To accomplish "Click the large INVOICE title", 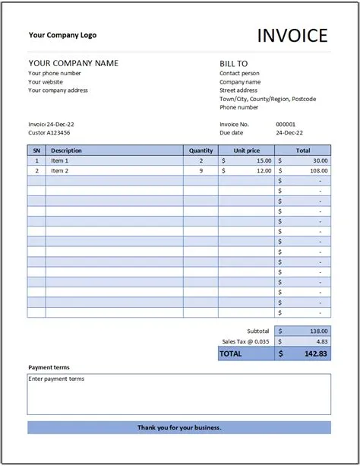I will (x=292, y=35).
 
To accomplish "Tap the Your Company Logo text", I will (x=62, y=35).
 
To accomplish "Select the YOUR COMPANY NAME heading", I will (x=73, y=63).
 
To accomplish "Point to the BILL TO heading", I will (x=234, y=64).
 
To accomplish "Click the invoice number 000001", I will (x=286, y=124).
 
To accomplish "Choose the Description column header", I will (x=67, y=151).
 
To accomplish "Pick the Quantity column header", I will (x=201, y=151).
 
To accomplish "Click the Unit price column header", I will (x=247, y=151).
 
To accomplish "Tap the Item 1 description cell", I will (x=60, y=160).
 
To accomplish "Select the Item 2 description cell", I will (x=60, y=171).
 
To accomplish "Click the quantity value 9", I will (x=201, y=171).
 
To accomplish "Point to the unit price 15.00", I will (x=264, y=160).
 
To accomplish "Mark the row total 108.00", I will (x=320, y=171).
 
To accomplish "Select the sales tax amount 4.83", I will (x=322, y=341).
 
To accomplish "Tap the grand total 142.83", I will (x=317, y=353).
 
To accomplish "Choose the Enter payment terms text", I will (x=57, y=379).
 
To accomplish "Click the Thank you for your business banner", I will (x=179, y=427).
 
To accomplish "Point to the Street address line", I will (x=238, y=90).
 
